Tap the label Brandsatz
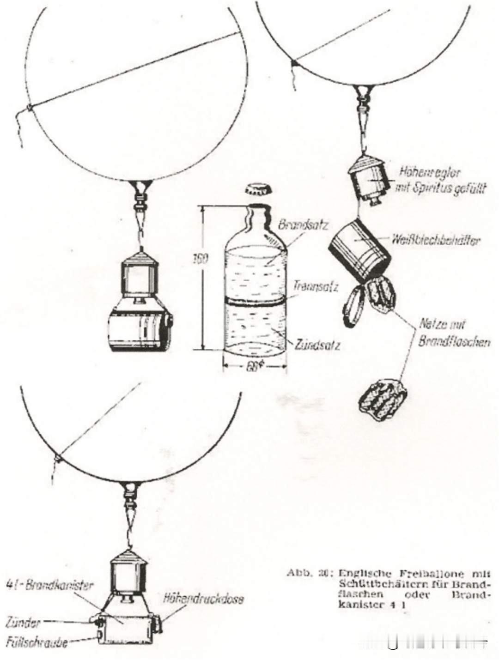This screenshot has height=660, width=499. click(x=303, y=225)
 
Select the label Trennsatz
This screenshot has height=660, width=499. click(x=316, y=286)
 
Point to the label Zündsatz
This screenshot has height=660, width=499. click(x=317, y=345)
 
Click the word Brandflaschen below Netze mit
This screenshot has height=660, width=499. click(x=454, y=342)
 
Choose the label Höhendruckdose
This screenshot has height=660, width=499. click(x=203, y=599)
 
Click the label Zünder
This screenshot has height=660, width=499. click(x=23, y=623)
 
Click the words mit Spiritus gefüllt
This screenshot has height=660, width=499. click(x=439, y=189)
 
